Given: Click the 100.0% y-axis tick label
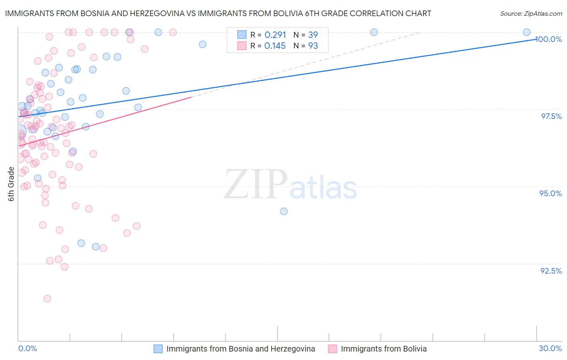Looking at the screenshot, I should pyautogui.click(x=548, y=39).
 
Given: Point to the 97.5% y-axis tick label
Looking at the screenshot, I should pyautogui.click(x=551, y=116).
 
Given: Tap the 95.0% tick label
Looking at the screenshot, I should pyautogui.click(x=550, y=193).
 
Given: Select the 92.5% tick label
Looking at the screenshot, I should pyautogui.click(x=551, y=271).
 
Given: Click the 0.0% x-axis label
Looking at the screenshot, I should pyautogui.click(x=27, y=348).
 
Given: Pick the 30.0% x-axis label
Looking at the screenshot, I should pyautogui.click(x=550, y=348).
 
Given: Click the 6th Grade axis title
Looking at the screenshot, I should pyautogui.click(x=11, y=184).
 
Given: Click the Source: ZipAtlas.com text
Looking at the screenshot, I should pyautogui.click(x=531, y=14).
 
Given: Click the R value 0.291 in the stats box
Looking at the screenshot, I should pyautogui.click(x=275, y=35).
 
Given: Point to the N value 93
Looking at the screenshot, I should pyautogui.click(x=313, y=46).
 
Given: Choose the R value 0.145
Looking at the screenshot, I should pyautogui.click(x=275, y=46).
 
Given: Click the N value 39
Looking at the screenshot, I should pyautogui.click(x=313, y=35).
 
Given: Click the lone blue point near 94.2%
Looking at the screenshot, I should pyautogui.click(x=284, y=211).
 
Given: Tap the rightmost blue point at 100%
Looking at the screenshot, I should pyautogui.click(x=527, y=32).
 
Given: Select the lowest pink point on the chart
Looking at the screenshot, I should pyautogui.click(x=47, y=299).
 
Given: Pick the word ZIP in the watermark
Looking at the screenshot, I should pyautogui.click(x=256, y=185).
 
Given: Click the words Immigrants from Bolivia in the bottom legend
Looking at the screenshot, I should pyautogui.click(x=384, y=349).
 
